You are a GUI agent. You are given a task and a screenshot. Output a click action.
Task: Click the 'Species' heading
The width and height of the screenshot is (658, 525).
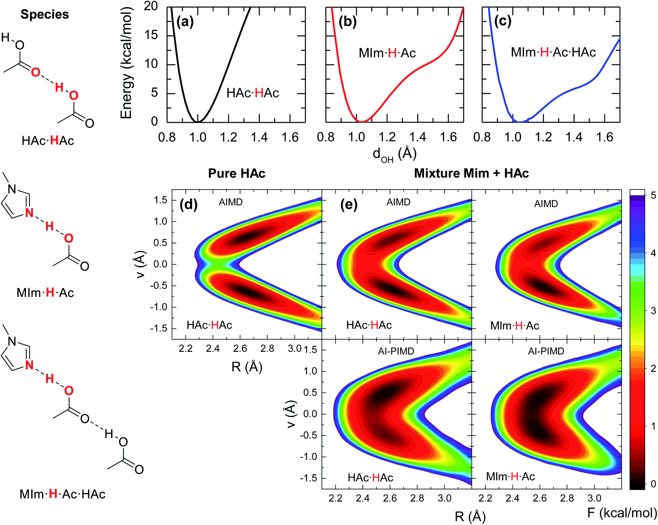click(x=45, y=14)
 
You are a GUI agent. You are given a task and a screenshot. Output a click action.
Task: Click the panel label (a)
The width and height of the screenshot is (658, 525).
click(x=185, y=22)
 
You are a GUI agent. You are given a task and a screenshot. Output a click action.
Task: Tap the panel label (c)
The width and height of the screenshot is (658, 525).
click(x=502, y=22)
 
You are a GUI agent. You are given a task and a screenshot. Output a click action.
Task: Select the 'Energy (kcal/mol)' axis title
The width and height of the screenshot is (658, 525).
click(x=127, y=63)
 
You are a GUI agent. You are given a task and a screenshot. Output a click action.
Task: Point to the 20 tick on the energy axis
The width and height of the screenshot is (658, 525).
click(x=151, y=6)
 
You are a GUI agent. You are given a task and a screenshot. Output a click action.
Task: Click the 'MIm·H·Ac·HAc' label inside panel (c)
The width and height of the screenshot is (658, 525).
click(x=553, y=52)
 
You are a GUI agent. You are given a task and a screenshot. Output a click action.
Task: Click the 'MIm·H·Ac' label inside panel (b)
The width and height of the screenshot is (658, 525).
click(x=387, y=53)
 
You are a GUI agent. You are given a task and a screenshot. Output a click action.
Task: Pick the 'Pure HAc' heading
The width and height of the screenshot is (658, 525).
click(x=237, y=173)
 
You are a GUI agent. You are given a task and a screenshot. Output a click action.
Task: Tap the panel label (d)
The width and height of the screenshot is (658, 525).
click(x=188, y=204)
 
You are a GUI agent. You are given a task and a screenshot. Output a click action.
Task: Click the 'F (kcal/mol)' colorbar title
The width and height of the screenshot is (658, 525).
click(x=622, y=513)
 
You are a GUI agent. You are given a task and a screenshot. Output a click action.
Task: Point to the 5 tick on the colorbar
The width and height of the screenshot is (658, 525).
click(x=653, y=196)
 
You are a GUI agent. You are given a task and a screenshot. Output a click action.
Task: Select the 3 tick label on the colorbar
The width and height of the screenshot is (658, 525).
click(x=653, y=311)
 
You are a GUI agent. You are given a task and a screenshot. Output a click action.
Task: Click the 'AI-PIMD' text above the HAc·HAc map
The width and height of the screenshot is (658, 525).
click(x=396, y=351)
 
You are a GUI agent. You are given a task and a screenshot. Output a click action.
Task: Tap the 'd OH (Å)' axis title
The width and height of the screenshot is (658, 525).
click(x=394, y=154)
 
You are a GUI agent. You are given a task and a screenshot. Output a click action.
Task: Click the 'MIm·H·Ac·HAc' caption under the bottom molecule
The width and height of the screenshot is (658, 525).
click(x=62, y=494)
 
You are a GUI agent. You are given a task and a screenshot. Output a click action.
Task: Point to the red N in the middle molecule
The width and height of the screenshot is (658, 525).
click(x=29, y=213)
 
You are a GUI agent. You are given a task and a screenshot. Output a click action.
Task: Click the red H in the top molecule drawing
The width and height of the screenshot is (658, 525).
click(x=59, y=87)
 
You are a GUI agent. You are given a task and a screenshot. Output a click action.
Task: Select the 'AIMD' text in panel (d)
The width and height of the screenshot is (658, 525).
click(x=231, y=202)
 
